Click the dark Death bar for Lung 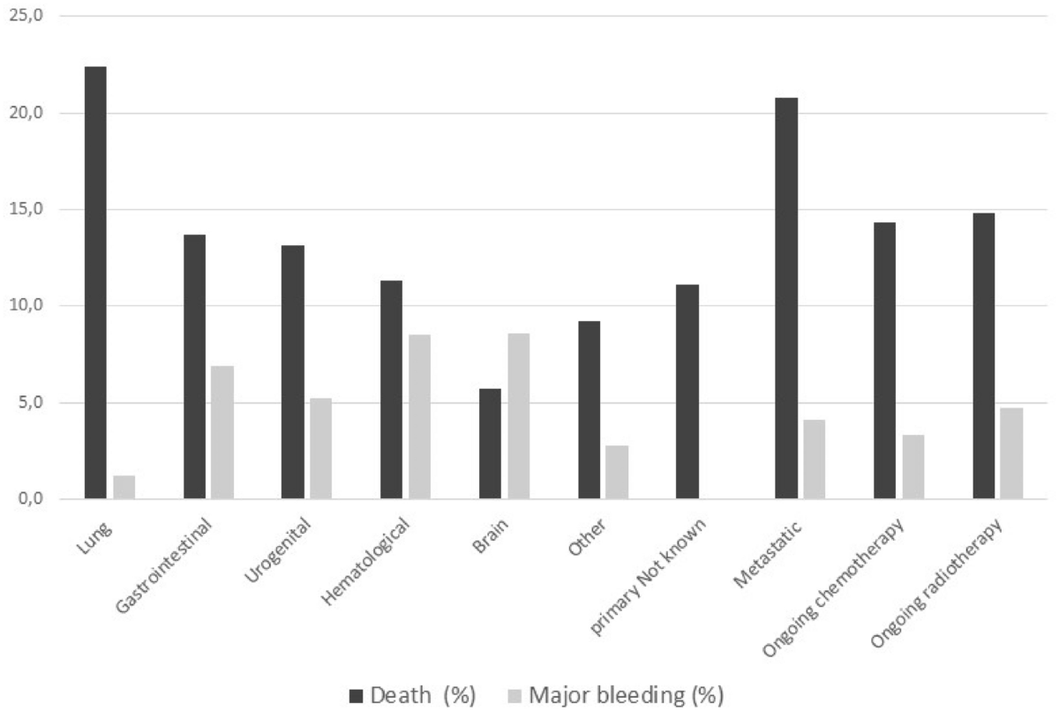95,283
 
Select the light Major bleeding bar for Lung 124,488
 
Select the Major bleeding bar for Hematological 419,417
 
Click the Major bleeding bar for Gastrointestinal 222,432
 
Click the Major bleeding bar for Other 617,472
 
